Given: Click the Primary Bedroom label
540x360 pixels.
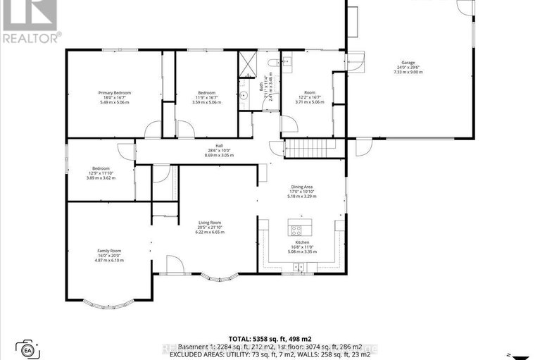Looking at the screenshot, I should [114, 93].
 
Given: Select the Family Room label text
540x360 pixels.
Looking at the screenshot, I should [109, 251].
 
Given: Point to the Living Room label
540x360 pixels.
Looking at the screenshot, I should [210, 223].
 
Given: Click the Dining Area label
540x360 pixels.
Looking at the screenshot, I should [303, 187].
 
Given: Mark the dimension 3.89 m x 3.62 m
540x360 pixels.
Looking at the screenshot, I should [101, 178].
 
